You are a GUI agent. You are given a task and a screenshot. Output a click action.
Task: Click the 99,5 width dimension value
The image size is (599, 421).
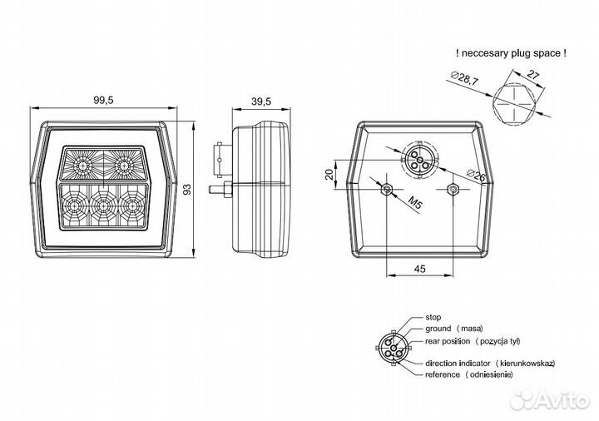point(103,100)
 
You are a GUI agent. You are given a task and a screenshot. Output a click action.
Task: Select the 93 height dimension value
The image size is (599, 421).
point(187,189)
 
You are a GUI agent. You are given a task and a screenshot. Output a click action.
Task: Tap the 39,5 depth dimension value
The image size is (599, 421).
point(261,102)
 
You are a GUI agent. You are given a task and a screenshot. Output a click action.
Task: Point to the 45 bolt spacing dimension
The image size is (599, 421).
point(419,269)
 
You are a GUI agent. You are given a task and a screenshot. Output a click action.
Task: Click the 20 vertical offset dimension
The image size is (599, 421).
point(329,174)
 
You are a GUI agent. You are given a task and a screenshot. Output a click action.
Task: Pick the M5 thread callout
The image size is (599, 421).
point(415,202)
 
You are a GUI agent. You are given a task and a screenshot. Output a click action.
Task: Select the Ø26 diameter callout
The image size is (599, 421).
point(477,176)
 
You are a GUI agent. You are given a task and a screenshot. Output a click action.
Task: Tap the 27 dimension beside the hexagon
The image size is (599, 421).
point(532,75)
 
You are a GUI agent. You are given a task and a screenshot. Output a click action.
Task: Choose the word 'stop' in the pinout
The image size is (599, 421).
point(433,317)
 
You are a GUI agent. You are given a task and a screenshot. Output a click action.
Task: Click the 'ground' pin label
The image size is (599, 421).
point(438,329)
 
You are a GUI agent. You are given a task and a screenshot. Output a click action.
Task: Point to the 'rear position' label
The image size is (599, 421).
point(448,341)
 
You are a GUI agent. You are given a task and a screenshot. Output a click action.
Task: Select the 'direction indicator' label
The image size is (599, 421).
point(458,364)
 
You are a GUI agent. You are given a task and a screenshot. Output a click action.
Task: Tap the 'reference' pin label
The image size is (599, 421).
point(443,374)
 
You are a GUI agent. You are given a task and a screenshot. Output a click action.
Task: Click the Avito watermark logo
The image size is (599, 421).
point(550,400)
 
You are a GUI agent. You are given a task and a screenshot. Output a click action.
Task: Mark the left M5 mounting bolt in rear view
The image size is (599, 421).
point(387,189)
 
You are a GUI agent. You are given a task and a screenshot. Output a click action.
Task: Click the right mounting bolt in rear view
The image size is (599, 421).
point(453,189)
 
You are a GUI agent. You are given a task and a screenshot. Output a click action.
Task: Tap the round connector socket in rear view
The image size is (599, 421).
point(420,160)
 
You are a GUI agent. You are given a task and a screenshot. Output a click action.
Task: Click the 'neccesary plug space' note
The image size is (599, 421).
point(511,53)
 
